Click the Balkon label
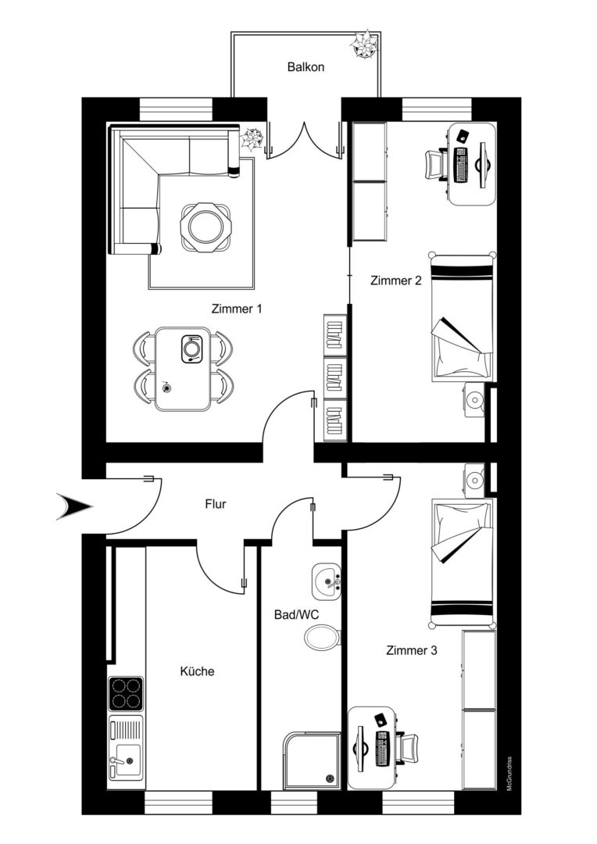click(306, 67)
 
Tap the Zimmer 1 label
click(236, 309)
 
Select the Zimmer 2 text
click(395, 281)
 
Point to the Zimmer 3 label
click(411, 650)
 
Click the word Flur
click(216, 504)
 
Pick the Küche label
click(197, 671)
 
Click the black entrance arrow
click(73, 506)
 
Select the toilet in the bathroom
click(323, 638)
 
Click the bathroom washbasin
click(326, 581)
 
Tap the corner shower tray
click(312, 760)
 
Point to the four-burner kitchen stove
click(126, 693)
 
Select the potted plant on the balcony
click(364, 45)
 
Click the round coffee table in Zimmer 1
click(207, 227)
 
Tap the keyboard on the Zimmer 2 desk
click(461, 164)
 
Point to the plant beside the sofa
click(252, 139)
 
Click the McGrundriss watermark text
click(509, 774)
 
